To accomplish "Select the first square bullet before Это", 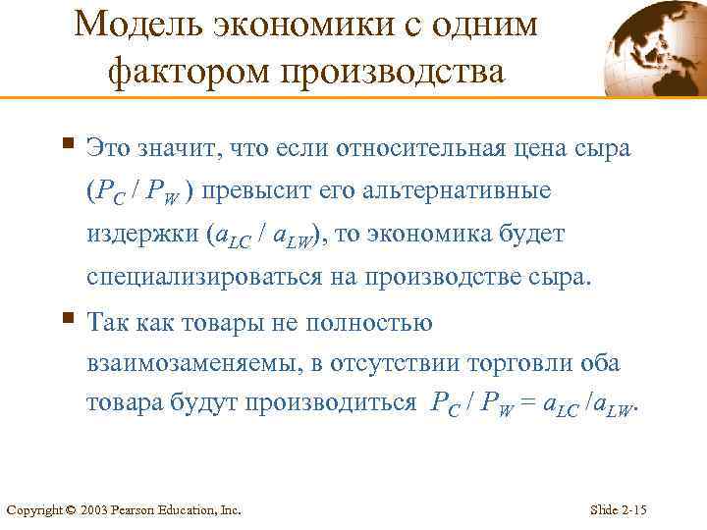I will coord(67,145).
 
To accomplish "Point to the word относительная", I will coord(413,149).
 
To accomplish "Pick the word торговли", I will coord(499,364).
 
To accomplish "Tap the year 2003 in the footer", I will coord(95,510).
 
